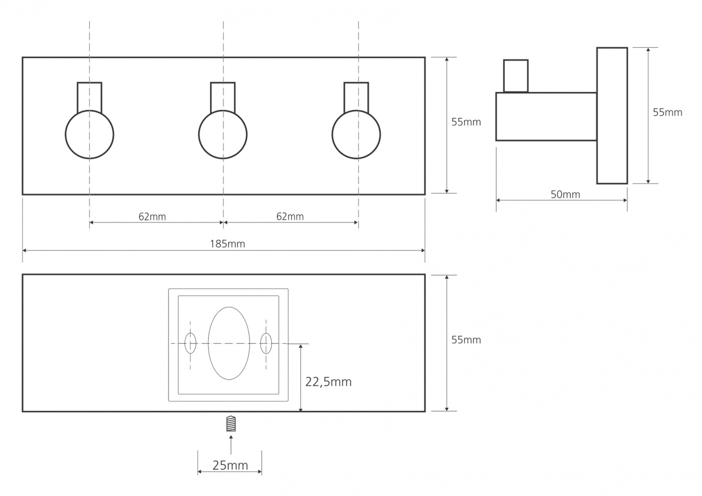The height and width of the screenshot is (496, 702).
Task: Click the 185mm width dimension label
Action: point(228,244)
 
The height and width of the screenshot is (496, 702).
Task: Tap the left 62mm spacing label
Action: point(152,216)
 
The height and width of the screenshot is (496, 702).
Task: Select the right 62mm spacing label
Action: point(290,216)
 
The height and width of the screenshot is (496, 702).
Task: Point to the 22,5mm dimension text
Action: point(328,382)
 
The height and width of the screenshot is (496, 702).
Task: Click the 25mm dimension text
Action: point(230,465)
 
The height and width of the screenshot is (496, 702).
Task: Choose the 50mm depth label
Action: point(566,195)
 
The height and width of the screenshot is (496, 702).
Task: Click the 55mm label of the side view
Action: point(667,112)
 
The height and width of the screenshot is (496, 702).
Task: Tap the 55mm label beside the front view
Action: point(466,122)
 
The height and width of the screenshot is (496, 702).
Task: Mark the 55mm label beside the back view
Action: point(466,340)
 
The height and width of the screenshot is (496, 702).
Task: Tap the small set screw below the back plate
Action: point(231,423)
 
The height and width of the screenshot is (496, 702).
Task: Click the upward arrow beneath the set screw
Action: point(231,444)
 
